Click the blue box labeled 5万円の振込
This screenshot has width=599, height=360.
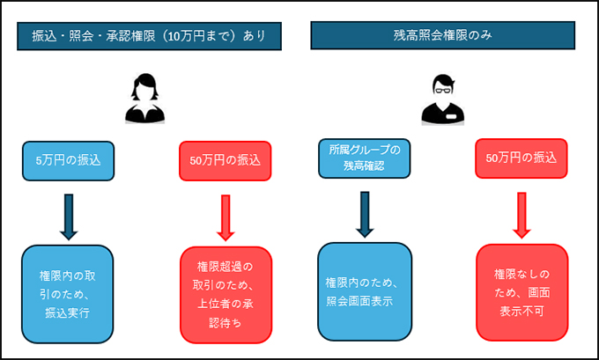coord(69,160)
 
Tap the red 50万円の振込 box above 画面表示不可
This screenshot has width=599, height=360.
coord(521,158)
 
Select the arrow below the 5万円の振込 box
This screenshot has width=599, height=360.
coord(69,214)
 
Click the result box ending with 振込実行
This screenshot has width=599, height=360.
coord(69,294)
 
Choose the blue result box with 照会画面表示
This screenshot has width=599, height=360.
coord(365,292)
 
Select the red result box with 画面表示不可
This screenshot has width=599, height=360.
coord(521,292)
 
